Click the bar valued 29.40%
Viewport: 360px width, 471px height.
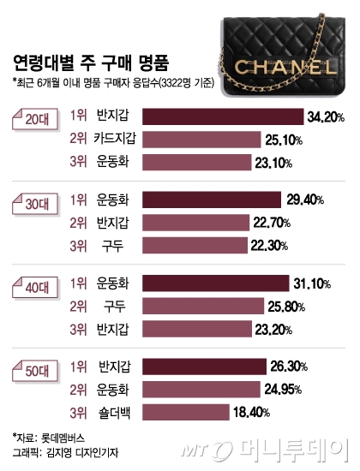211,200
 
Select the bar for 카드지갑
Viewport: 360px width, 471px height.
201,139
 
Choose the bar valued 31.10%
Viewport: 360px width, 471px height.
215,283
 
